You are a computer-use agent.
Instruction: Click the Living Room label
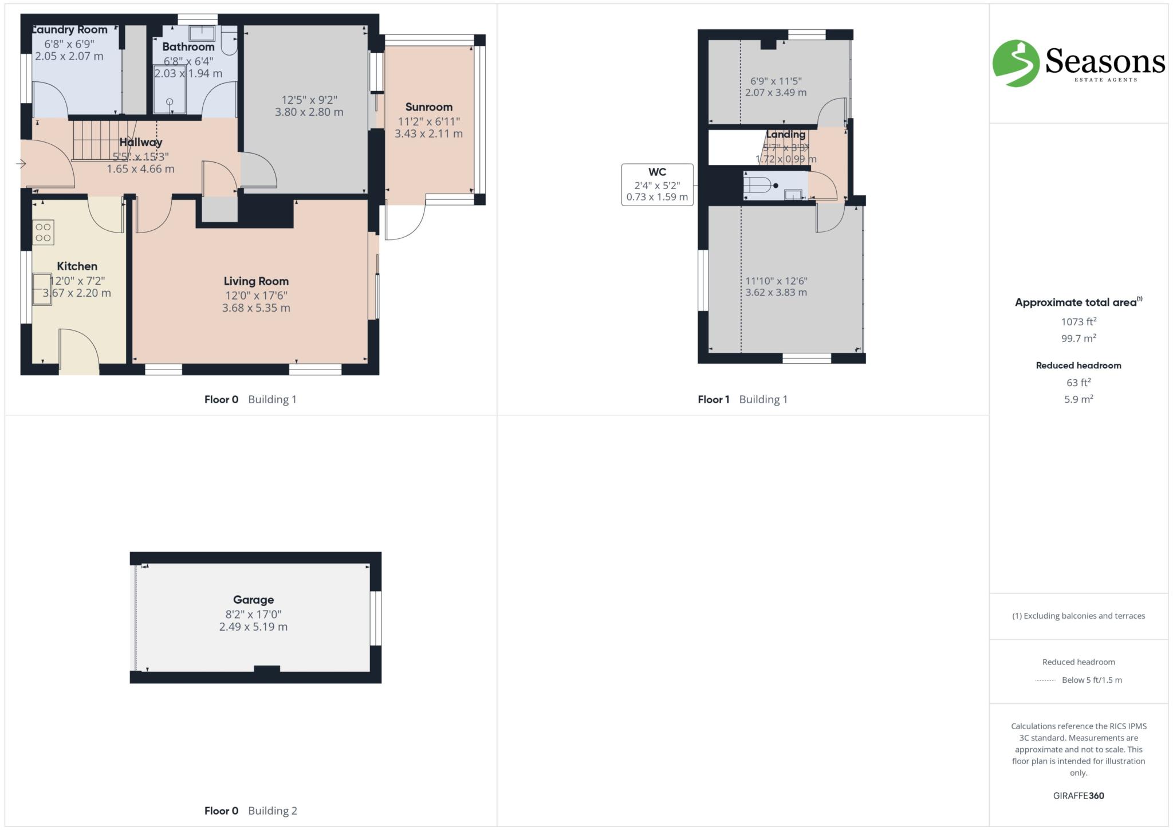pyautogui.click(x=256, y=281)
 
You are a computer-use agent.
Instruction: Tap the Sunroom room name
pyautogui.click(x=428, y=107)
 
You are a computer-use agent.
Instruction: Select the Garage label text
pyautogui.click(x=253, y=600)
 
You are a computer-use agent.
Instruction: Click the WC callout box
pyautogui.click(x=657, y=184)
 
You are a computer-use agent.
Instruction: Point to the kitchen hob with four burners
pyautogui.click(x=44, y=233)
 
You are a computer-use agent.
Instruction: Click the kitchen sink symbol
pyautogui.click(x=42, y=289)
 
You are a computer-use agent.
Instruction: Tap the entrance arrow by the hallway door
pyautogui.click(x=21, y=164)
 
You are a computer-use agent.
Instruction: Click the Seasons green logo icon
pyautogui.click(x=1015, y=63)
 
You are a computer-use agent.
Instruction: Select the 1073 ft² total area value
pyautogui.click(x=1078, y=321)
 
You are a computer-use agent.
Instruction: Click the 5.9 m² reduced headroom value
pyautogui.click(x=1078, y=399)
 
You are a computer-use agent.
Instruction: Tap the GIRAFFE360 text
pyautogui.click(x=1078, y=796)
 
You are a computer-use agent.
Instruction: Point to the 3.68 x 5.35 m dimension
pyautogui.click(x=256, y=308)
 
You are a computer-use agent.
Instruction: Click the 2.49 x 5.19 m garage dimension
pyautogui.click(x=253, y=627)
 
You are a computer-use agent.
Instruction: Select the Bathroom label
pyautogui.click(x=188, y=47)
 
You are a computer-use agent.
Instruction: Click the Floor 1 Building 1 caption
pyautogui.click(x=742, y=399)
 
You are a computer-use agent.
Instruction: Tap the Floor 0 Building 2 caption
pyautogui.click(x=250, y=811)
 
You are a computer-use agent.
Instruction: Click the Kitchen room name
pyautogui.click(x=77, y=266)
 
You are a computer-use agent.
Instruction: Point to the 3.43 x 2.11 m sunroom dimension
pyautogui.click(x=428, y=134)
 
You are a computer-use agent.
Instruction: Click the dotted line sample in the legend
pyautogui.click(x=1045, y=680)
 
